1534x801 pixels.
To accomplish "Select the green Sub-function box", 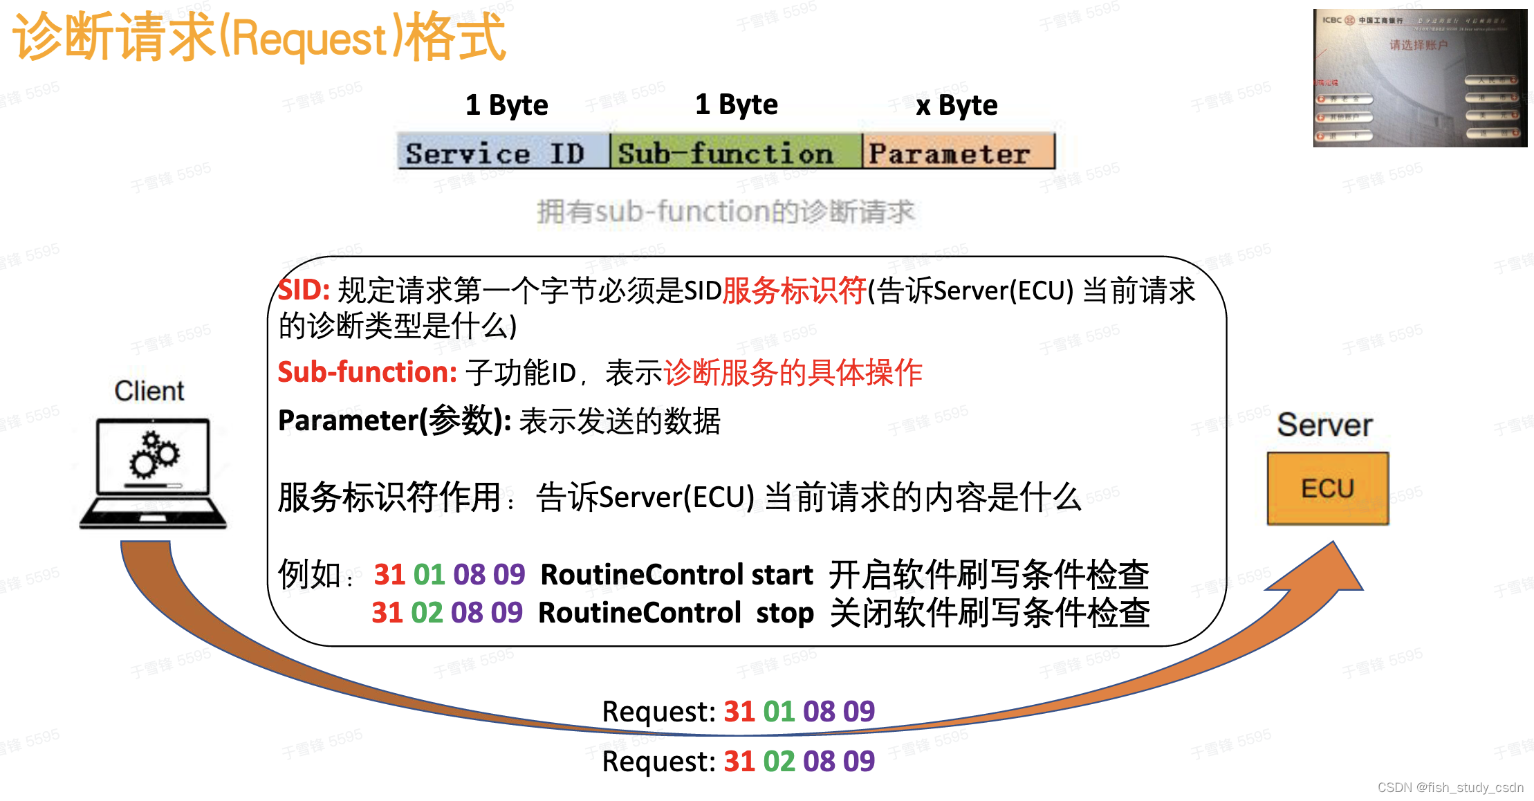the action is point(736,152).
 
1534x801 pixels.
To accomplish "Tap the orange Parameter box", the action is point(958,152).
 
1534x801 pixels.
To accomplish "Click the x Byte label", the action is point(957,105).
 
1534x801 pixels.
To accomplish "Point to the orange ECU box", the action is point(1327,488).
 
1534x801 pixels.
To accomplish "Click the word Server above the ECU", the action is point(1324,425).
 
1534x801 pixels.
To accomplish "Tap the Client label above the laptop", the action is point(149,391).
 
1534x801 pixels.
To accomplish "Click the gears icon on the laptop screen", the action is point(154,454).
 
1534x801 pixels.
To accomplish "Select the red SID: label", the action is point(304,291).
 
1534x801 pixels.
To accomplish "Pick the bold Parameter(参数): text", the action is point(394,421).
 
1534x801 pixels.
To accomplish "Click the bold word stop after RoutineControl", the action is point(784,613).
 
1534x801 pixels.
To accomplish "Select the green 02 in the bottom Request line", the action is point(779,761).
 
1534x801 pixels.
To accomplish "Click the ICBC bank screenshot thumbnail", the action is point(1420,77).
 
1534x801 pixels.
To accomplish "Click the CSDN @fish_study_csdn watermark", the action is point(1450,787).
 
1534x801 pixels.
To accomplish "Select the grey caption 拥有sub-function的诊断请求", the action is point(726,211).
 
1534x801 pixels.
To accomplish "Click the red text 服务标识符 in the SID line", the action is point(794,291).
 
